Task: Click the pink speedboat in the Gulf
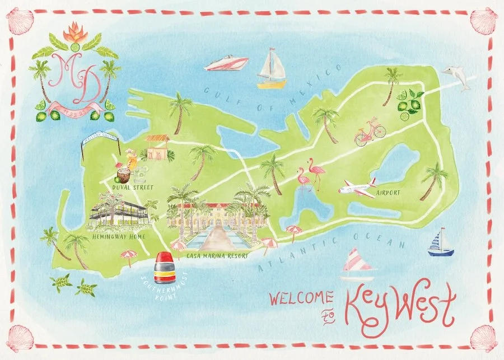(226, 63)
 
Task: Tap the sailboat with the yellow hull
(272, 71)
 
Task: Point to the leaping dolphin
(456, 76)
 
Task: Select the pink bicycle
(370, 133)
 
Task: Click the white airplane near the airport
(357, 187)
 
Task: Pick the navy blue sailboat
(441, 244)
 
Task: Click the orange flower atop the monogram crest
(76, 34)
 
